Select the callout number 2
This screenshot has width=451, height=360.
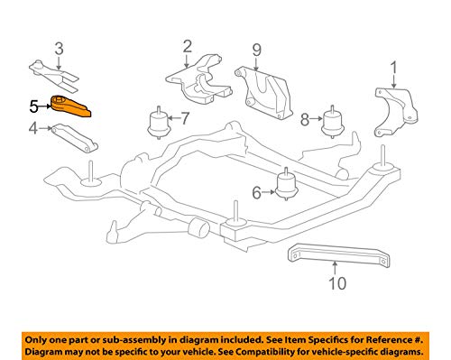point(188,45)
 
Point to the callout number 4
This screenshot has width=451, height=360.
point(33,129)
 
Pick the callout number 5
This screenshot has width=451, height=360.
point(33,106)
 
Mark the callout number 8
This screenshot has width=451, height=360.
point(305,118)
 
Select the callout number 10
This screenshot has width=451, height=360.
point(335,284)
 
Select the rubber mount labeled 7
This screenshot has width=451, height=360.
point(157,122)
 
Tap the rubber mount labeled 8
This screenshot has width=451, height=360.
point(335,120)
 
